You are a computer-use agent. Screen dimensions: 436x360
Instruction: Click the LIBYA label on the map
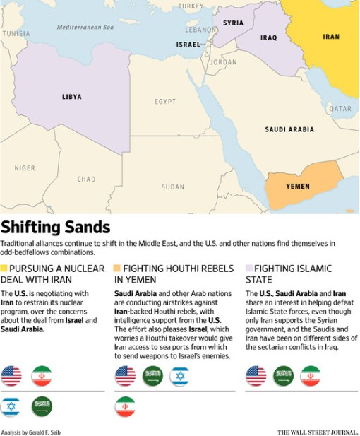coord(71,97)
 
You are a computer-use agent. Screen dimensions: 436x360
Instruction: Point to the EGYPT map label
coord(165,102)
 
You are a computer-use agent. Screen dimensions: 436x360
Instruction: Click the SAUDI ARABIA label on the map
coord(289,130)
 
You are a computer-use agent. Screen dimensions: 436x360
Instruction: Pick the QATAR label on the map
coord(340,109)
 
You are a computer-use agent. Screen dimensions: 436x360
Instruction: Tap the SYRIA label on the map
coord(233,23)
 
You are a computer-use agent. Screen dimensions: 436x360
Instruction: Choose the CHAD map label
coord(86,179)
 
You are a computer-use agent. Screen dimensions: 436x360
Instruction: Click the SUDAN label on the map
coord(172,187)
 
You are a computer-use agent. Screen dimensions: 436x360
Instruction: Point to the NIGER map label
coord(25,168)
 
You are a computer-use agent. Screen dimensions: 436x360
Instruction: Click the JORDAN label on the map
coord(224,62)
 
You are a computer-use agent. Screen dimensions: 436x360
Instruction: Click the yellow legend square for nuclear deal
coord(4,269)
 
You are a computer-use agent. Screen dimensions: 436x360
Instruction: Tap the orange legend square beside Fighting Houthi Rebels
coord(117,269)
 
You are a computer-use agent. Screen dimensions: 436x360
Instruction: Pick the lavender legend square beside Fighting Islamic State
coord(248,269)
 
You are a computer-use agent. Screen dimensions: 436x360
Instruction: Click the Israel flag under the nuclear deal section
coord(11,406)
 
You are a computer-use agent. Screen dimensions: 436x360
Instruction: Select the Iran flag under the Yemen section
coord(125,406)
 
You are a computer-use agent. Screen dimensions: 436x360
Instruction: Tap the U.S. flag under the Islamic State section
coord(256,376)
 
